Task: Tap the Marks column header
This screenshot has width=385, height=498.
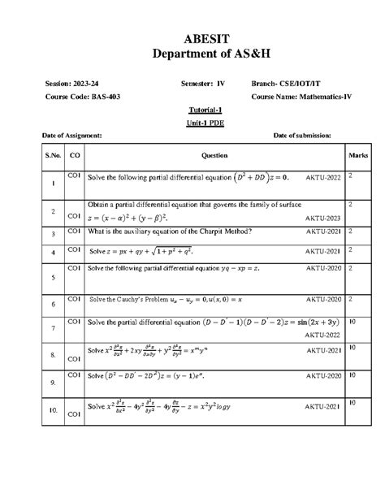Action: [x=357, y=155]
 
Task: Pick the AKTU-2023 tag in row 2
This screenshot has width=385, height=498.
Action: [x=322, y=219]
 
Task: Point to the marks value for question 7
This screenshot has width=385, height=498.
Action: [x=351, y=323]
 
